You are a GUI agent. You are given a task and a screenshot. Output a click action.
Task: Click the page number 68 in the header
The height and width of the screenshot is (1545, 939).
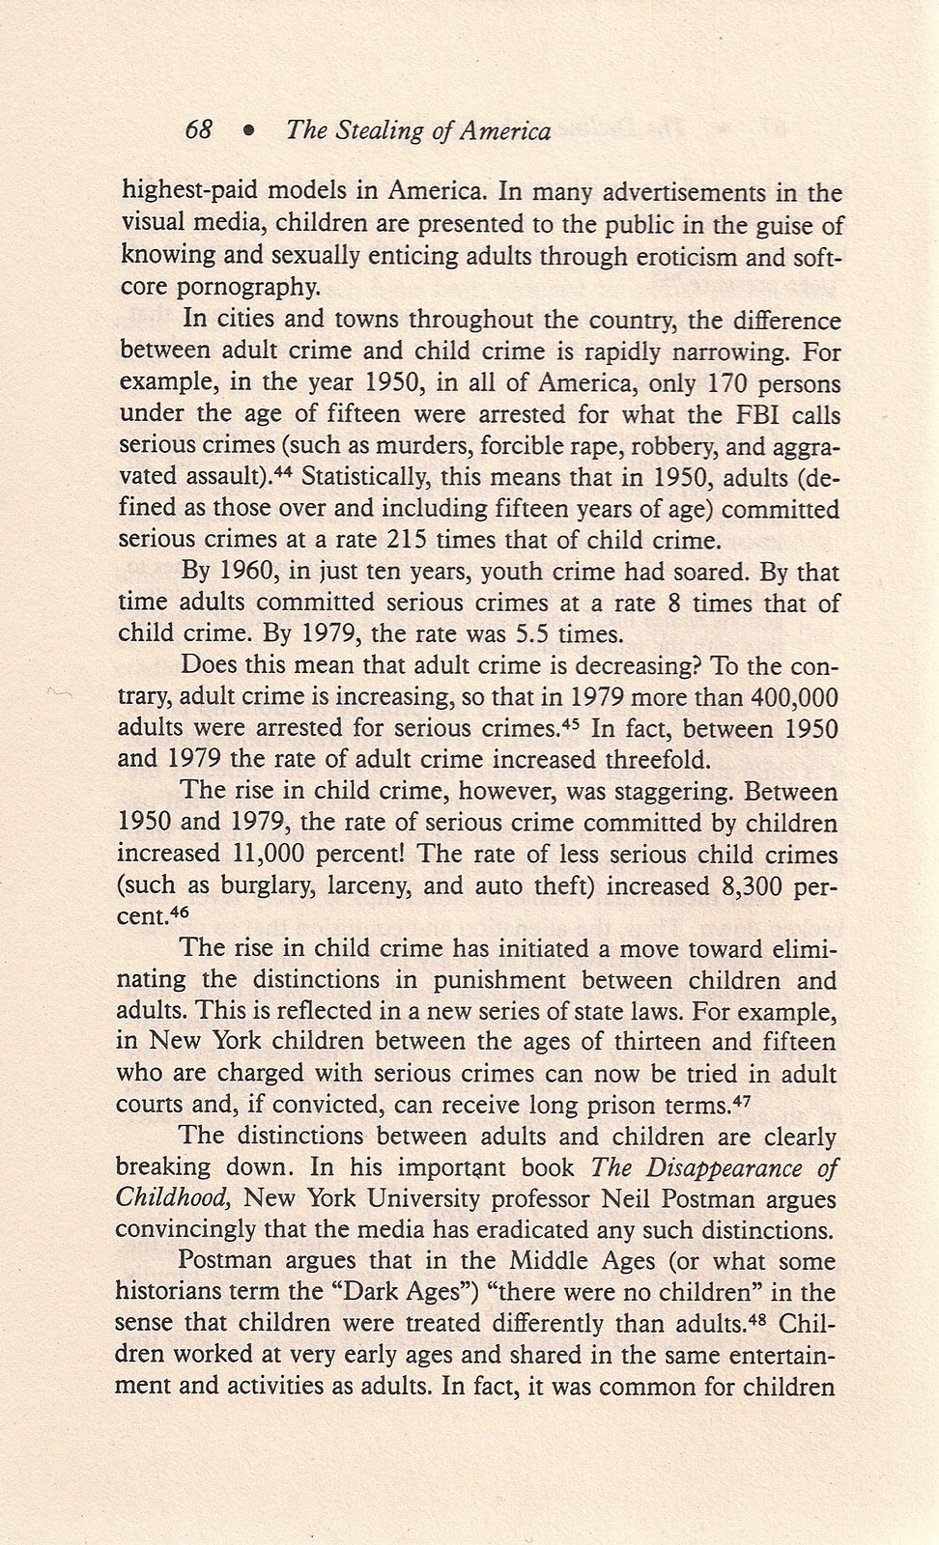click(x=198, y=130)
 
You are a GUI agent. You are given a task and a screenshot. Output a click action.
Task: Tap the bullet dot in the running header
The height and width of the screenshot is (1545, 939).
click(x=249, y=131)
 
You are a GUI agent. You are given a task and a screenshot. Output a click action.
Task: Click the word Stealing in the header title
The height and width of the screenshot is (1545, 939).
click(x=380, y=131)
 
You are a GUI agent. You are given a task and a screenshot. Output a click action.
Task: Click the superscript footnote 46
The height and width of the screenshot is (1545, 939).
click(x=180, y=911)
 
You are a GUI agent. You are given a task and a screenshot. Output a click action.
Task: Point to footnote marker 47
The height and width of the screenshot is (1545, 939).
click(x=742, y=1099)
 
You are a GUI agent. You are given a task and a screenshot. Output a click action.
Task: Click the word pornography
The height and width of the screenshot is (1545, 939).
click(x=259, y=287)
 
